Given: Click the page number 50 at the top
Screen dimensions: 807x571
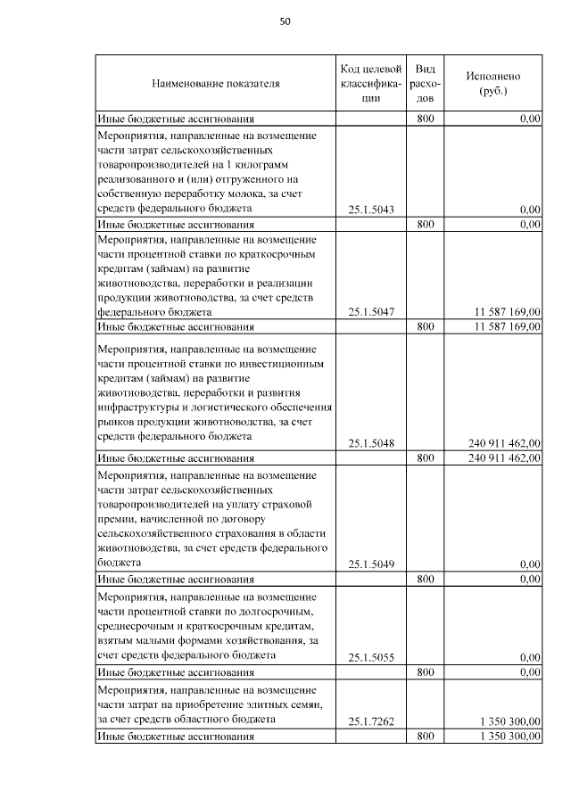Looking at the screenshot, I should coord(285,21).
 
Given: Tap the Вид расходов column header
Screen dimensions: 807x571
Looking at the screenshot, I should coord(426,84).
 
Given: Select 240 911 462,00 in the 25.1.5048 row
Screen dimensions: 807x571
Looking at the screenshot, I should coord(504,442).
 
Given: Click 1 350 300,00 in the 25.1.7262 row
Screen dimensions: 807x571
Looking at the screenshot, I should coord(509,721).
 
